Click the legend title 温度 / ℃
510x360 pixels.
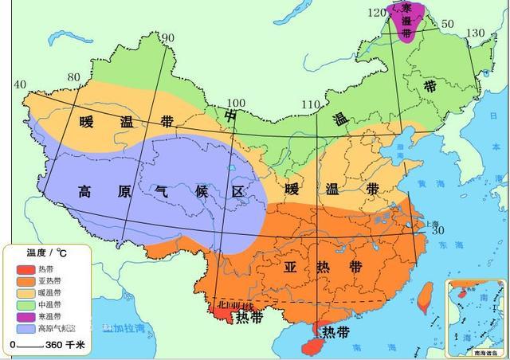coord(46,252)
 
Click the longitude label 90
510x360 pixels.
coord(167,37)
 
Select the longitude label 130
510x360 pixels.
coord(475,33)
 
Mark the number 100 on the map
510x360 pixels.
coord(237,103)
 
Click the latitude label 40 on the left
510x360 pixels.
coord(21,84)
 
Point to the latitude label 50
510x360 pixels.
coord(447,24)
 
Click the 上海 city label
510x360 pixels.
coord(433,224)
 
